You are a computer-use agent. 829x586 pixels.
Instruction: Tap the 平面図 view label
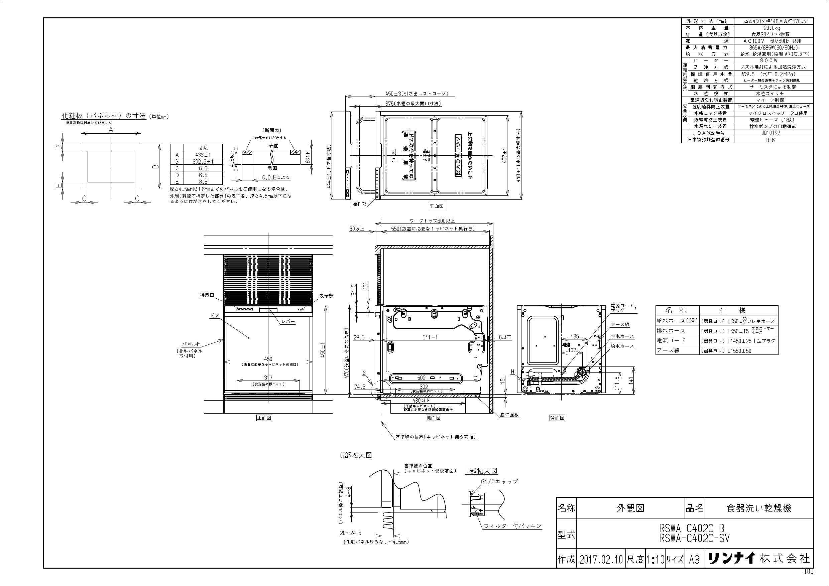pos(436,206)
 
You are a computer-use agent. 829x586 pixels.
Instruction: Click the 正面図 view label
pos(264,418)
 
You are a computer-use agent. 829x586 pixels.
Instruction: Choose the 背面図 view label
pos(557,418)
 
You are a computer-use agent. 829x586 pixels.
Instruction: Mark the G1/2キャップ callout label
pos(499,482)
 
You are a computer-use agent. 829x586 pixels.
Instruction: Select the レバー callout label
pos(288,321)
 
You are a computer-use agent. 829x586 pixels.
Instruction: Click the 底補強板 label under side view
pos(509,415)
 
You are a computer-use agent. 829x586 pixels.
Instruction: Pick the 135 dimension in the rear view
pos(575,336)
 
